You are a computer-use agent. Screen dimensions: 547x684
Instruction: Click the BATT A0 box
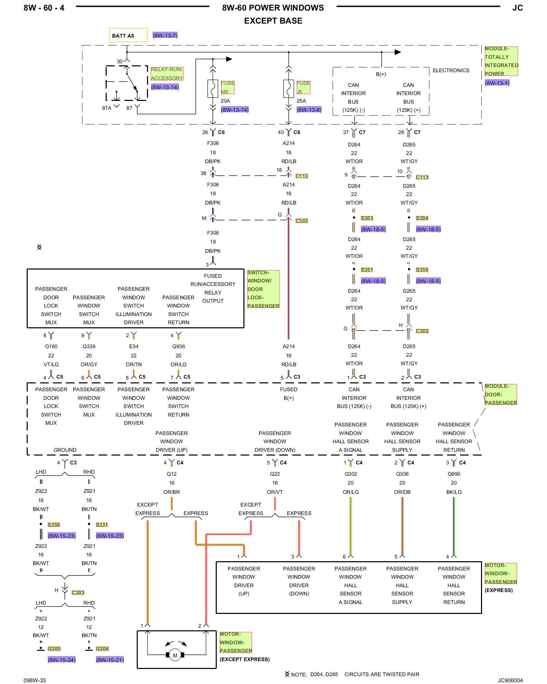(x=128, y=35)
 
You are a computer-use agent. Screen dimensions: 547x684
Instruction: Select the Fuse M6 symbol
(x=213, y=89)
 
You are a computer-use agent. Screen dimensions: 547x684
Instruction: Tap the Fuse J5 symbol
(x=289, y=89)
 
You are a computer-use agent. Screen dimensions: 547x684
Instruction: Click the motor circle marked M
(x=175, y=655)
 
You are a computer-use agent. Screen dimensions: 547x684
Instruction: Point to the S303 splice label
(x=367, y=218)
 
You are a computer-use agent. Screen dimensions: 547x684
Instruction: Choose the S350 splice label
(x=422, y=270)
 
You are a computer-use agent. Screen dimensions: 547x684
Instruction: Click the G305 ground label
(x=54, y=649)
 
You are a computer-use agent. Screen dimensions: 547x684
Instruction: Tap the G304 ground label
(x=102, y=649)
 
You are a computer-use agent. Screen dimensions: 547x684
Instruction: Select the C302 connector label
(x=422, y=331)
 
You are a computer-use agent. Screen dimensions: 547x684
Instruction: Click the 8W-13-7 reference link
(x=165, y=36)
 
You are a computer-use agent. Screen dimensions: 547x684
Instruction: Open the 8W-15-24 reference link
(x=62, y=660)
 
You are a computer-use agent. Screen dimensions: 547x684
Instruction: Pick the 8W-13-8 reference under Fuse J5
(x=309, y=110)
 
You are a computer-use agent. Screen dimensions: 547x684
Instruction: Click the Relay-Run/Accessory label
(x=167, y=74)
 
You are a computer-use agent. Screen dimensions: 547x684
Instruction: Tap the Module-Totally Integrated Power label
(x=501, y=61)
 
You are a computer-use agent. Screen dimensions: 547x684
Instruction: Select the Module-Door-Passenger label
(x=501, y=394)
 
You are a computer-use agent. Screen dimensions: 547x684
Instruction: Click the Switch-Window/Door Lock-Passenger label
(x=263, y=289)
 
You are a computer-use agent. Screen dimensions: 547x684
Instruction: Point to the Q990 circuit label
(x=454, y=474)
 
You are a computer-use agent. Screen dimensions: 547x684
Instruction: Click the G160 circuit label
(x=51, y=346)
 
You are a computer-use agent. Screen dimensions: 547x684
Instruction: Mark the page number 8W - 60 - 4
(x=44, y=8)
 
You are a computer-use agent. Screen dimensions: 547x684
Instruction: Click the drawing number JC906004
(x=510, y=680)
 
